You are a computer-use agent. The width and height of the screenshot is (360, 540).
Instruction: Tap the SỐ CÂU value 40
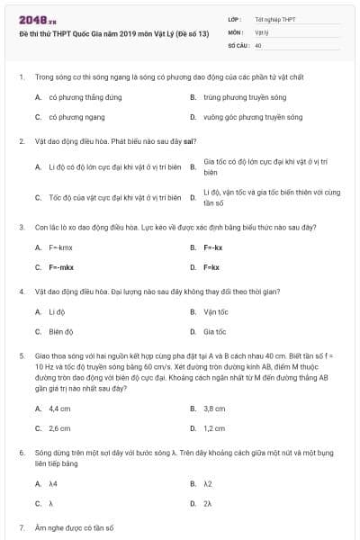[258, 44]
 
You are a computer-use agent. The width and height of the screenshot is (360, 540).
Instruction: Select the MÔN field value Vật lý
[262, 31]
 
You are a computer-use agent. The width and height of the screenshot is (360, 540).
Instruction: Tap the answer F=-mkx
[60, 266]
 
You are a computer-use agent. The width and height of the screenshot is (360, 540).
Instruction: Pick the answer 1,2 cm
[214, 428]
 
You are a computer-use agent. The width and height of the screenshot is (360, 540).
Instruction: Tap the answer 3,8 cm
[214, 408]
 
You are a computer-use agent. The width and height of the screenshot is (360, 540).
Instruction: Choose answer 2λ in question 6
[208, 503]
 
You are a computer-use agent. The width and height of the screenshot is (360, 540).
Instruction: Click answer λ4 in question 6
[53, 483]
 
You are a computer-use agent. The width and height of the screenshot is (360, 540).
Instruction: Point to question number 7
[22, 526]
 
